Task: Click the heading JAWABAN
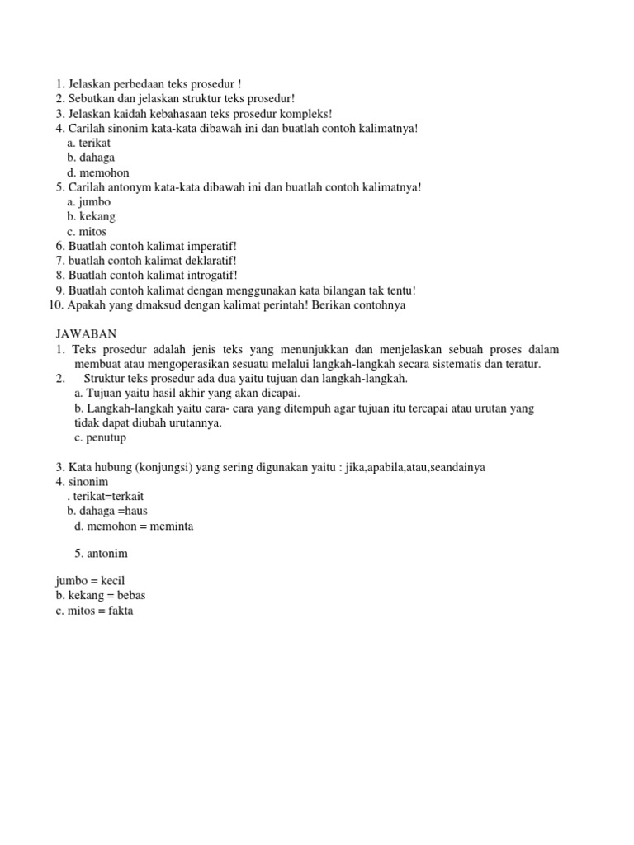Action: coord(86,334)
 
